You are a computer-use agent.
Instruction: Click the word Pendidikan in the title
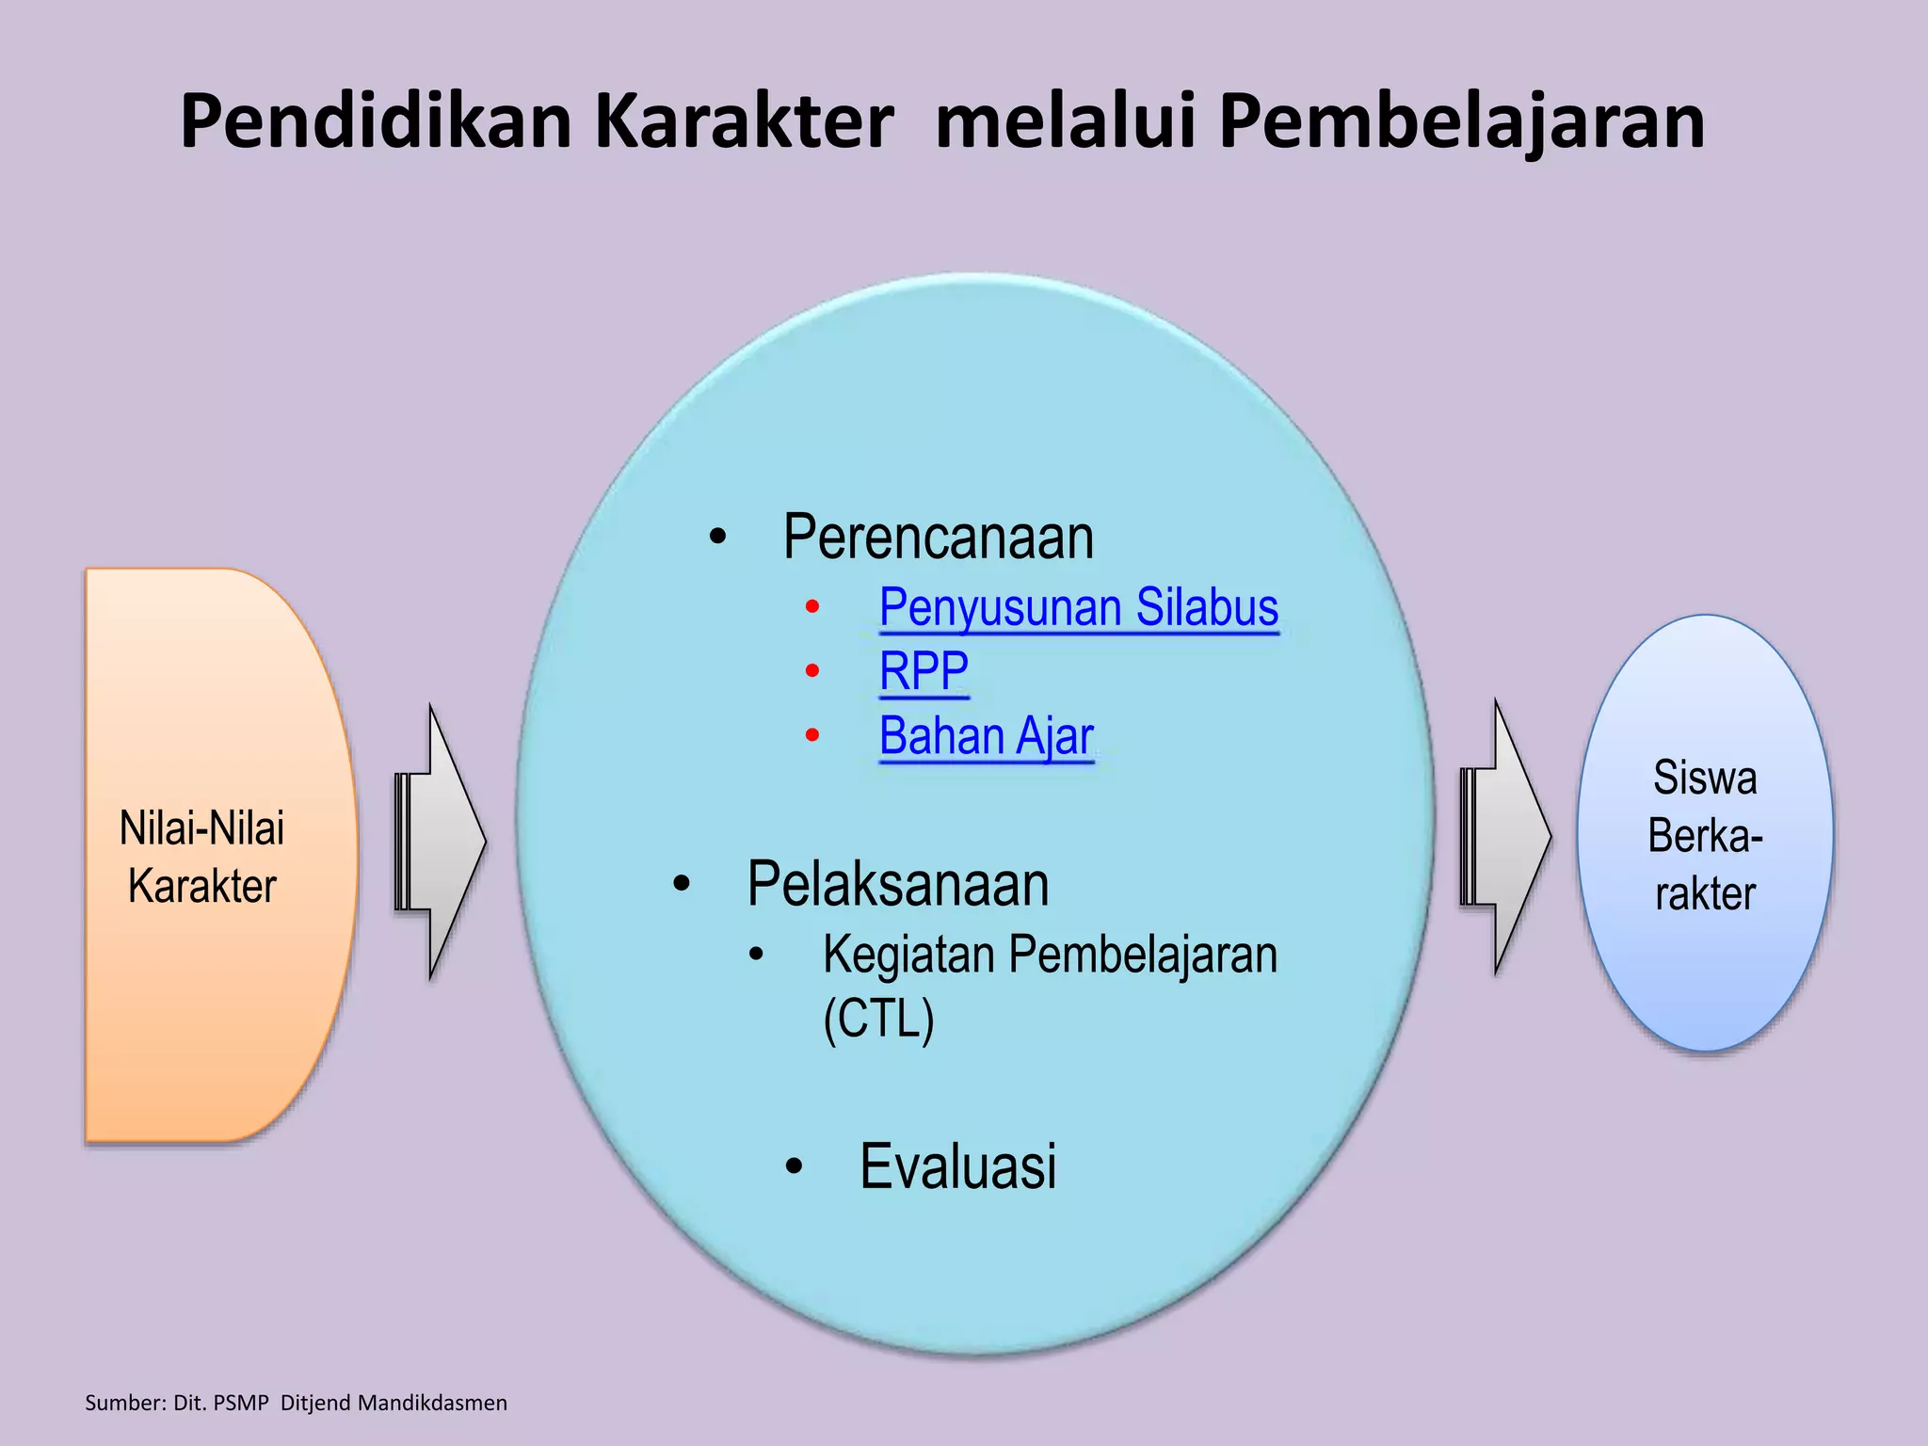coord(377,122)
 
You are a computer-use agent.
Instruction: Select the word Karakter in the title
coord(744,122)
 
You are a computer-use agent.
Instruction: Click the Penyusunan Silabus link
coord(1079,607)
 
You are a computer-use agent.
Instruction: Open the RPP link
coord(924,671)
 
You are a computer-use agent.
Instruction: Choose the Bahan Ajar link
coord(987,735)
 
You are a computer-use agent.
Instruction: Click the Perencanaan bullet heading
coord(939,538)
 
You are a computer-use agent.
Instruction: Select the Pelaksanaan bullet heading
coord(898,884)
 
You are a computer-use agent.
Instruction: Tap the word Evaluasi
coord(958,1166)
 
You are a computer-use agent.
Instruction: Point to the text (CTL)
coord(878,1018)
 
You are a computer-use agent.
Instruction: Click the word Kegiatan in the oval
coord(909,954)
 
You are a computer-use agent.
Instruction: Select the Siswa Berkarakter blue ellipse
coord(1705,979)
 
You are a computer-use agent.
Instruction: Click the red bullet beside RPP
coord(812,671)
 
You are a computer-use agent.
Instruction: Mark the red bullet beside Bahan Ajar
coord(812,735)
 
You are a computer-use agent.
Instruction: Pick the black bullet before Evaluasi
coord(795,1167)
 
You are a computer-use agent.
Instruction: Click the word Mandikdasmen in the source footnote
coord(432,1403)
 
